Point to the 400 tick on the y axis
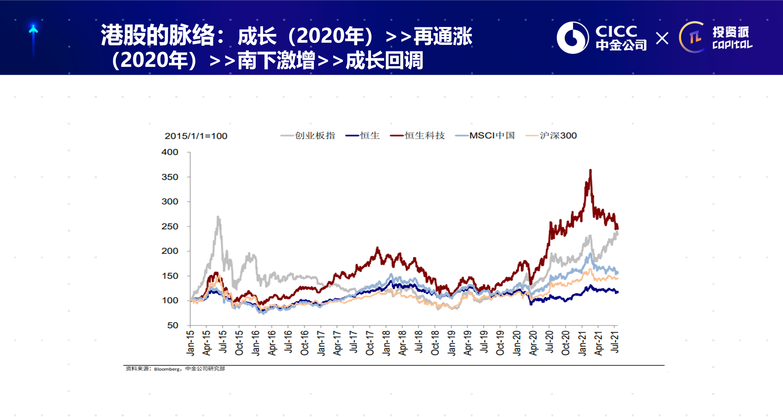coord(170,152)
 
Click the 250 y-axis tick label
coord(170,226)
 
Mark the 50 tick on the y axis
coord(173,325)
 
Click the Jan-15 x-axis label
coord(190,343)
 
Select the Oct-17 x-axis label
coord(370,343)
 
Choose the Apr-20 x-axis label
coord(533,343)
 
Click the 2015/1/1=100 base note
coord(196,136)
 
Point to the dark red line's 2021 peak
coord(590,170)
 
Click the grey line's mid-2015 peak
coord(218,217)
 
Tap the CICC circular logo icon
coord(573,38)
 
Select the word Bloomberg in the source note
coord(167,369)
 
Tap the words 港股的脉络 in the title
coord(158,35)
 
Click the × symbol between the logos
coord(662,38)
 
